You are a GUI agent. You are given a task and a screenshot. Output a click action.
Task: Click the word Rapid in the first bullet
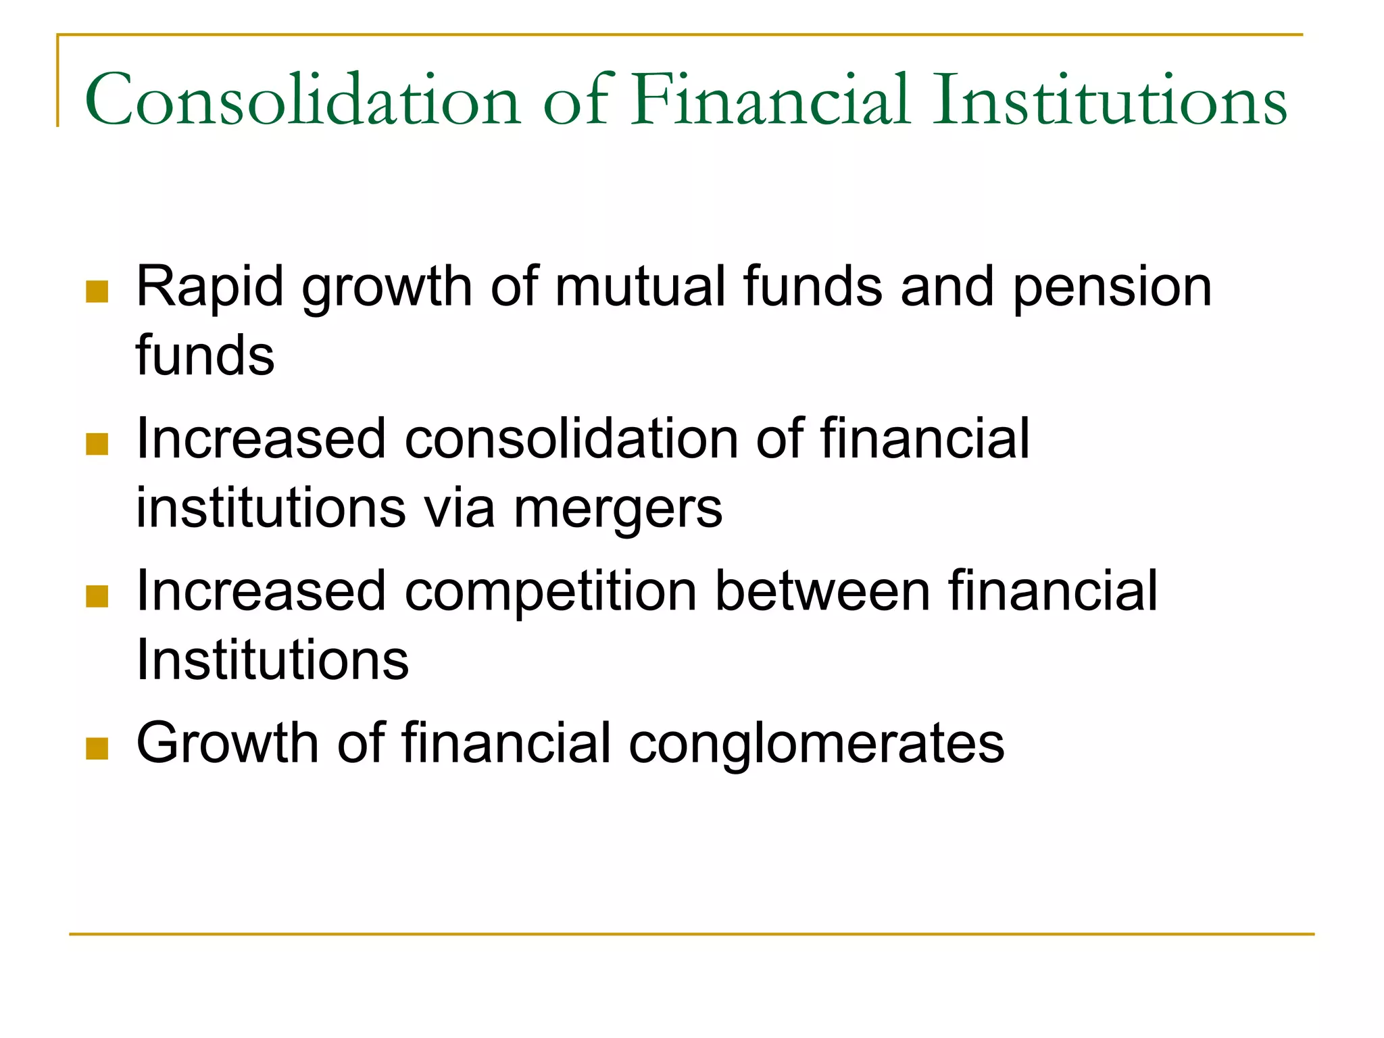click(x=209, y=287)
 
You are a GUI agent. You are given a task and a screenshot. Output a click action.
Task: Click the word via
click(x=459, y=508)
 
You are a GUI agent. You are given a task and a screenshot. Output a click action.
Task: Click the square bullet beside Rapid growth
click(x=97, y=292)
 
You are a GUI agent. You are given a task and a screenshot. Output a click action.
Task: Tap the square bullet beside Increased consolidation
click(x=97, y=444)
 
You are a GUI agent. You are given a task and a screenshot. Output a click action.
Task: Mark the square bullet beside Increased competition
click(x=97, y=597)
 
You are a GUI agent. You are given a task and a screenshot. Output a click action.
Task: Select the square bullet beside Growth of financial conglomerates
click(x=97, y=749)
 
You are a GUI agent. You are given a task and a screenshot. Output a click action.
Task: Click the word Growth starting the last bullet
click(x=227, y=743)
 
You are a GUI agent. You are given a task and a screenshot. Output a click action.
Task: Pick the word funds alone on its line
click(x=205, y=355)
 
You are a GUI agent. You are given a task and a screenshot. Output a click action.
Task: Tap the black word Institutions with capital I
click(x=272, y=660)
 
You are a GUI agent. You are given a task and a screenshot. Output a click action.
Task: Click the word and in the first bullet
click(x=947, y=287)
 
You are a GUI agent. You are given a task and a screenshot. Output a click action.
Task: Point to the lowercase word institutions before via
click(x=271, y=508)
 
